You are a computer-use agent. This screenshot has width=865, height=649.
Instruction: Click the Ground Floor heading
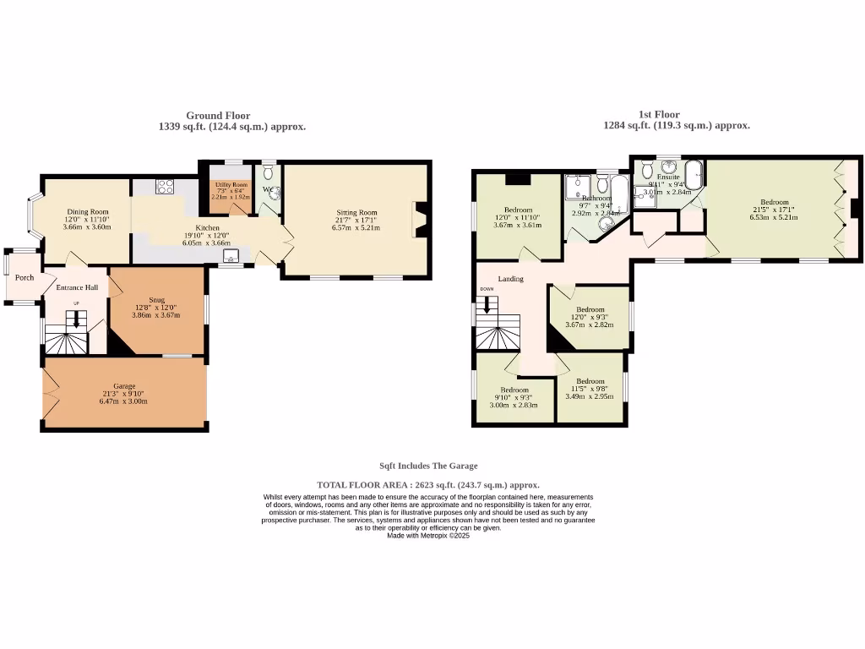click(218, 116)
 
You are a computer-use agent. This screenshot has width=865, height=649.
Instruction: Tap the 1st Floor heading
click(658, 114)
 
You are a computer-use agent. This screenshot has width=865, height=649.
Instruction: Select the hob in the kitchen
click(165, 186)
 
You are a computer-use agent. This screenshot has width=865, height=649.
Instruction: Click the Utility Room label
click(231, 184)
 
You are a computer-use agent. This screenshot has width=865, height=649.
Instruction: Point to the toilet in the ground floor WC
click(269, 173)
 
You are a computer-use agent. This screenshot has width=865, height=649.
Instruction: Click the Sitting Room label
click(356, 213)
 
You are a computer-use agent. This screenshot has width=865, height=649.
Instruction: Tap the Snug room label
click(156, 300)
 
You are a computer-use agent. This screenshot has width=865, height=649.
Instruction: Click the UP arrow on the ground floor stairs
click(76, 319)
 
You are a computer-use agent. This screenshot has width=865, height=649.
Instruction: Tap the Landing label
click(510, 279)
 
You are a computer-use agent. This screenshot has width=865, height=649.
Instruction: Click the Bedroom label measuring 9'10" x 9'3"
click(514, 390)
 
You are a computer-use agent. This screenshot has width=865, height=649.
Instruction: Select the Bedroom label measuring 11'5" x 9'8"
click(590, 381)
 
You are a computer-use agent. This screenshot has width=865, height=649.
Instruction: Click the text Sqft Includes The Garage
click(428, 466)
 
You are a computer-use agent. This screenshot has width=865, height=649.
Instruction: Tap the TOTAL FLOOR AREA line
click(427, 485)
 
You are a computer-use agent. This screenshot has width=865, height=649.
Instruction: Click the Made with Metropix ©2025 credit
click(427, 536)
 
